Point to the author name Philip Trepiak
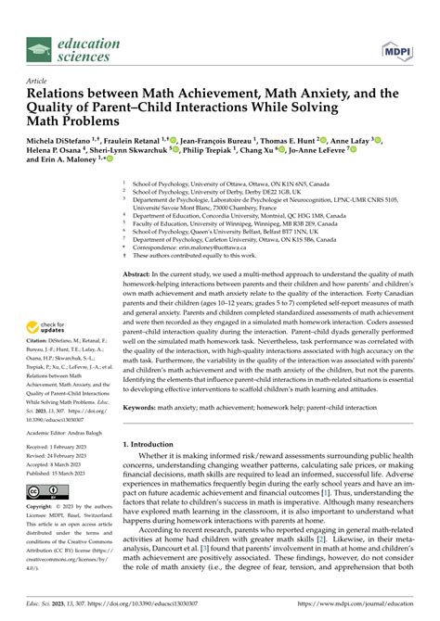click(x=207, y=172)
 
